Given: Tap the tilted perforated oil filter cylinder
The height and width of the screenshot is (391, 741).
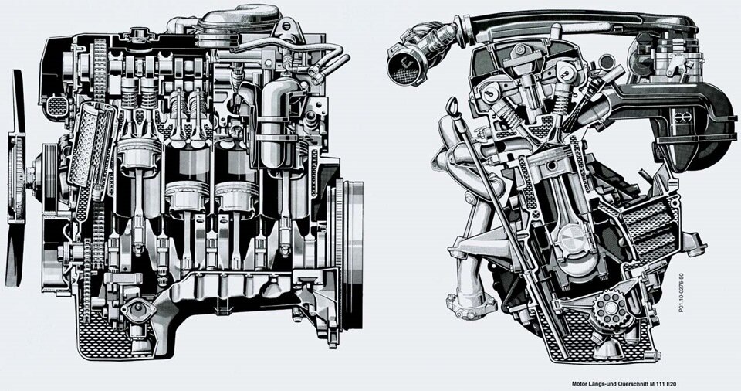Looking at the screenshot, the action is [91, 144].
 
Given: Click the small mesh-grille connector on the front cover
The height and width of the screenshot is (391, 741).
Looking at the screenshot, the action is [56, 107].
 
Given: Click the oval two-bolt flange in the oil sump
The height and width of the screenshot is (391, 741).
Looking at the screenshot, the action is [138, 311].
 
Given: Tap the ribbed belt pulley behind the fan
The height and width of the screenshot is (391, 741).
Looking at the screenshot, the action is [48, 178].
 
